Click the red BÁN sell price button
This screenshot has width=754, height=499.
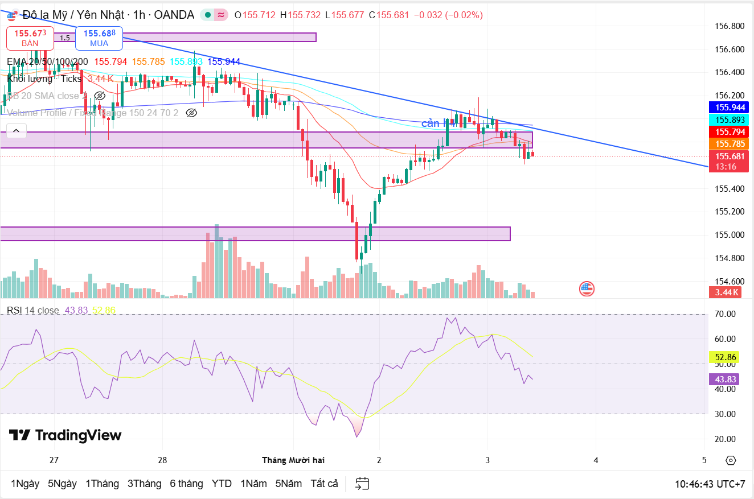pyautogui.click(x=30, y=38)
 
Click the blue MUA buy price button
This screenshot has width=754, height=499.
pyautogui.click(x=99, y=38)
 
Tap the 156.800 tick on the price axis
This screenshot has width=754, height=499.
pyautogui.click(x=729, y=26)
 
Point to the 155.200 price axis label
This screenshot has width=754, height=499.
pyautogui.click(x=729, y=212)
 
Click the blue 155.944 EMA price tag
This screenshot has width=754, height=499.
pyautogui.click(x=731, y=107)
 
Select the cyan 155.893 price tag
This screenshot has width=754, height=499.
pyautogui.click(x=731, y=119)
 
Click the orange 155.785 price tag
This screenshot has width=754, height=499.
pyautogui.click(x=731, y=144)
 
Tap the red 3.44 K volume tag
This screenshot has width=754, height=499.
pyautogui.click(x=727, y=292)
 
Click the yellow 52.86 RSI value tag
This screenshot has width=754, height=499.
pyautogui.click(x=726, y=357)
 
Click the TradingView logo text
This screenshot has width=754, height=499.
pyautogui.click(x=65, y=435)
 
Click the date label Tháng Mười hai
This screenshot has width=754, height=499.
pyautogui.click(x=293, y=460)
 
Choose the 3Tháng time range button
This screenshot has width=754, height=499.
pyautogui.click(x=144, y=484)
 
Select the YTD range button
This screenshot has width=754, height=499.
pyautogui.click(x=222, y=484)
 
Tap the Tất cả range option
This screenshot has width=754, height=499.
pyautogui.click(x=324, y=484)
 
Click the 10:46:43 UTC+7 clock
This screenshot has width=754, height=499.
pyautogui.click(x=710, y=484)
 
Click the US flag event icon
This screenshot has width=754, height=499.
pyautogui.click(x=587, y=288)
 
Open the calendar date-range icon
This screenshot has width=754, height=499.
pyautogui.click(x=362, y=484)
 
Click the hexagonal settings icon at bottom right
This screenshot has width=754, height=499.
pyautogui.click(x=731, y=460)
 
